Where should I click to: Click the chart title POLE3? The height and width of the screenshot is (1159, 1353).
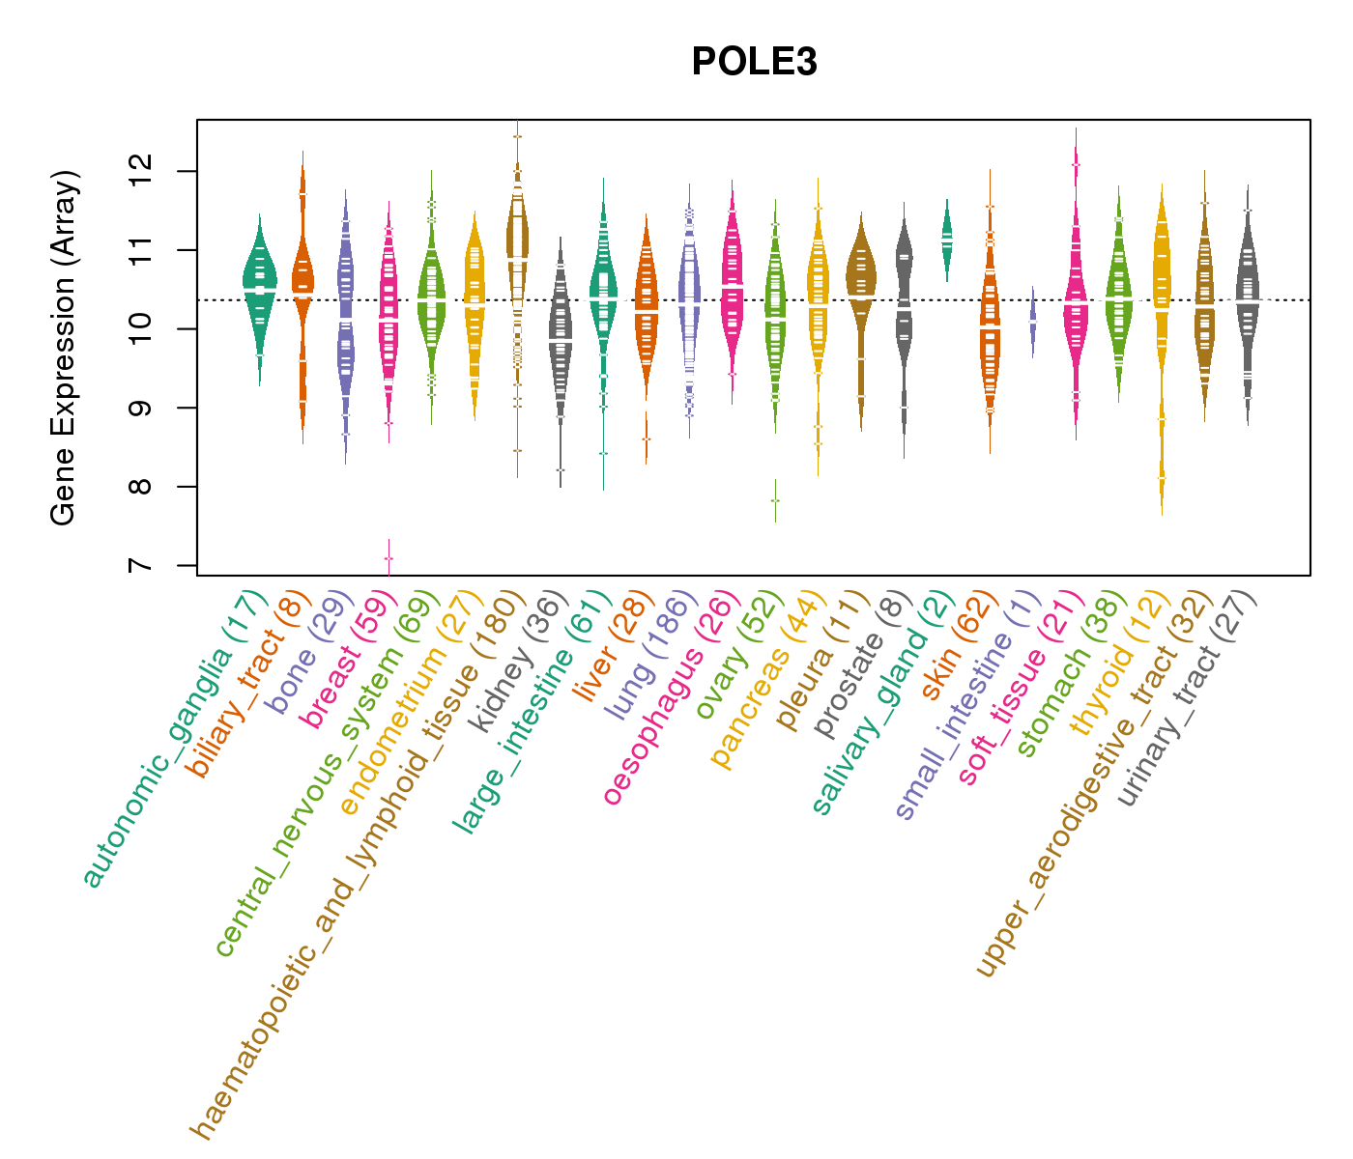tap(754, 63)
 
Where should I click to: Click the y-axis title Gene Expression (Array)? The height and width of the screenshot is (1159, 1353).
tap(64, 349)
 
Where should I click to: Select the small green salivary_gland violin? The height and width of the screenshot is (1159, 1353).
tap(947, 237)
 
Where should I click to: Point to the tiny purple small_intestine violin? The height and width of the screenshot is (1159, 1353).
tap(1033, 322)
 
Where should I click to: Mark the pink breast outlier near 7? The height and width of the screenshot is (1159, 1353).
tap(389, 558)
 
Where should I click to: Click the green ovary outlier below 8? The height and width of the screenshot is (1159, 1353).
tap(775, 500)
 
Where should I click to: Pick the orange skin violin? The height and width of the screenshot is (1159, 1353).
tap(990, 338)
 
